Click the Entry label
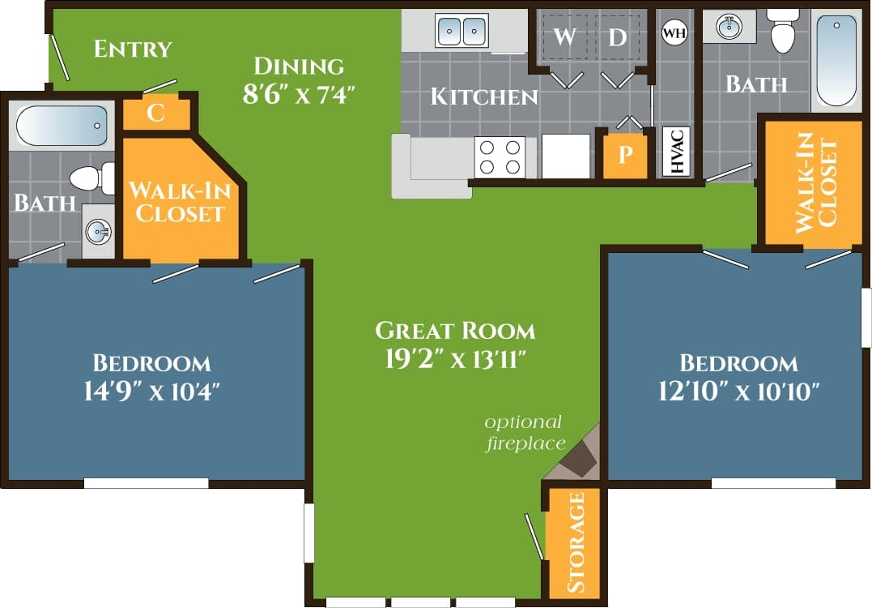133,49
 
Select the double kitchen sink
462,31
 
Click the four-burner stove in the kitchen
500,156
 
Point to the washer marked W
565,37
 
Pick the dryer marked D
618,37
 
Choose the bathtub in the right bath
836,61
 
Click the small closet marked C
156,113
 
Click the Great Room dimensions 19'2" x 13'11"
455,358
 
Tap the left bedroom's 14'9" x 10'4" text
151,392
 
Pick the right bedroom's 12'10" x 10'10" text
738,392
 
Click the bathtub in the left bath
62,126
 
